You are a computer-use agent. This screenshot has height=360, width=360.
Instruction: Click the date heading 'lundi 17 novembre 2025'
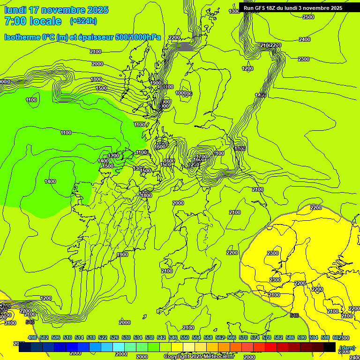56,10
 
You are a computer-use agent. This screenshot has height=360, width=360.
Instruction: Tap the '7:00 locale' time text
33,21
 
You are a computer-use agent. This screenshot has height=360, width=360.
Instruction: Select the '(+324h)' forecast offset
83,21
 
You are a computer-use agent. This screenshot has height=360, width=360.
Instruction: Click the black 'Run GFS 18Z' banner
292,8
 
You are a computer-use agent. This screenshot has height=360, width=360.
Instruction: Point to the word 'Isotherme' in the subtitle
22,37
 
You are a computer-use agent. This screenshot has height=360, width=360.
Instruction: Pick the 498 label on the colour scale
32,337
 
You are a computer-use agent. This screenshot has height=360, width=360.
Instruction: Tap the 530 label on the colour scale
126,337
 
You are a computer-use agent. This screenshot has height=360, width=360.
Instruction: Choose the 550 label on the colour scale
185,337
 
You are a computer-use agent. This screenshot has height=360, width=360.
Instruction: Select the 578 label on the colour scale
267,337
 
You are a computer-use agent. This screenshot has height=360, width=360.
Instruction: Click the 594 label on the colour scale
314,337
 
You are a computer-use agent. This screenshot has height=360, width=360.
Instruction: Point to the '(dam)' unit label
347,348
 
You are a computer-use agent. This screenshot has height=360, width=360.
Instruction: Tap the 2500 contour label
308,17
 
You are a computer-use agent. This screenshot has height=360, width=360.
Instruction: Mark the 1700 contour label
202,157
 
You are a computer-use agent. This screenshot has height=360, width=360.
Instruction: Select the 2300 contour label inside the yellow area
272,253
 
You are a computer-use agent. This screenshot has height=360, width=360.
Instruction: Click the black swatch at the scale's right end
330,347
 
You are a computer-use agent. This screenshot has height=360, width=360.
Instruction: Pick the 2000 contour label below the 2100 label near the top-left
97,64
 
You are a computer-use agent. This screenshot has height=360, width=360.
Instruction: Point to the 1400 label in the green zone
50,181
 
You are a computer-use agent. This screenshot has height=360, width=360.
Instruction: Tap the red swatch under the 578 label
270,347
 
